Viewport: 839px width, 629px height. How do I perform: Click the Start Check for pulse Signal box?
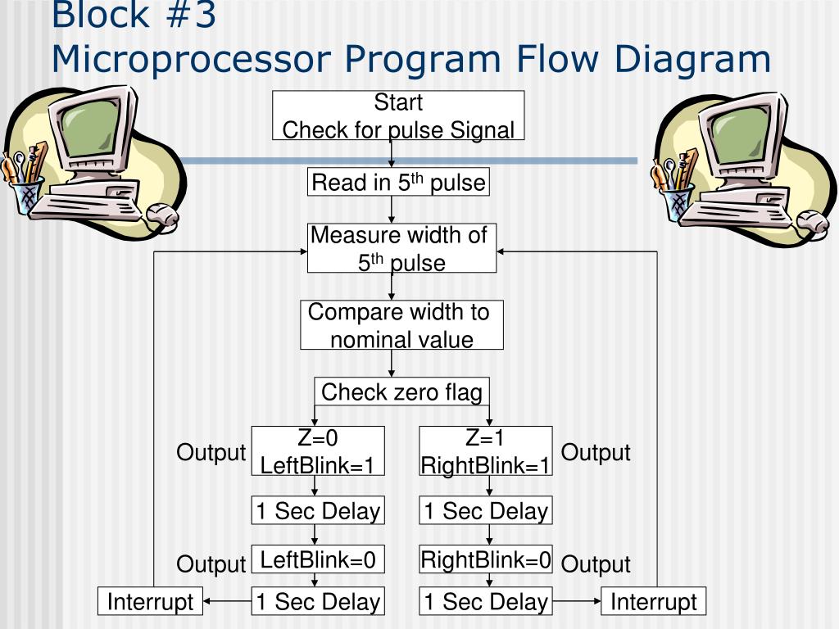(x=398, y=116)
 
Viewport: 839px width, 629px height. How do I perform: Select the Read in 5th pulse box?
(x=399, y=182)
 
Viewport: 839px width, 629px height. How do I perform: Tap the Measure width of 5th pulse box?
(x=401, y=248)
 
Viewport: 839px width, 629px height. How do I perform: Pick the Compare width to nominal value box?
(x=401, y=325)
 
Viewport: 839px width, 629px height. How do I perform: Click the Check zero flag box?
(x=401, y=391)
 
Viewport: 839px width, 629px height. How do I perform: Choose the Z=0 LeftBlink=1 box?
(x=318, y=451)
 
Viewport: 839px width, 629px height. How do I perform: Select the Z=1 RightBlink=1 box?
(x=486, y=451)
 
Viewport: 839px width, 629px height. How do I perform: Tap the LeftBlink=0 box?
(x=318, y=560)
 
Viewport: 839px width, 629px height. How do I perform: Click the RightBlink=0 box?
(x=486, y=560)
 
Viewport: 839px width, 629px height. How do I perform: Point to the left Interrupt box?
(x=150, y=603)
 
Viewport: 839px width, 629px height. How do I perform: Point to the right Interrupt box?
(x=653, y=603)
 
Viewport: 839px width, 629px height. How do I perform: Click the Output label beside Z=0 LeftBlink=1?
(x=211, y=453)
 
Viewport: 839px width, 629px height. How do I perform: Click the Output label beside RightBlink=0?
(x=596, y=564)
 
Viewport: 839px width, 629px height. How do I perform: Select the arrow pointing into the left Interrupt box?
(x=227, y=602)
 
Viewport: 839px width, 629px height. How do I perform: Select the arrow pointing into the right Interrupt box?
(x=576, y=602)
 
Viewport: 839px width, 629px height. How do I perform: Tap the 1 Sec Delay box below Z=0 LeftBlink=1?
(x=318, y=511)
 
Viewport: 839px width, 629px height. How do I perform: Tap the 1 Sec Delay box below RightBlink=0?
(x=486, y=602)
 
